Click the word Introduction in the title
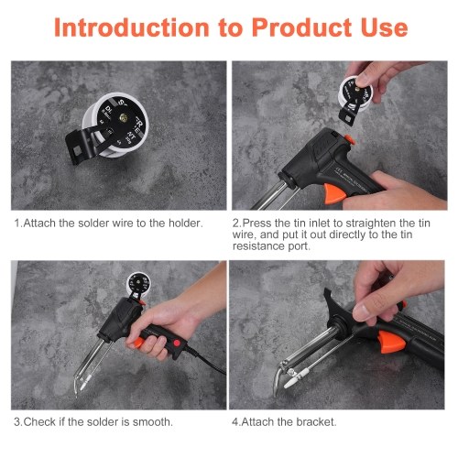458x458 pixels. click(x=132, y=27)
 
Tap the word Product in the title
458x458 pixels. click(x=301, y=27)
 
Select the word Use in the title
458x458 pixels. click(x=384, y=27)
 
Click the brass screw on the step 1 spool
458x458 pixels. click(x=124, y=116)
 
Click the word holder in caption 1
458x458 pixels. click(x=186, y=224)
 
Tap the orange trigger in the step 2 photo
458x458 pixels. click(x=334, y=193)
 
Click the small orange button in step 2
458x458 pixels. click(x=350, y=139)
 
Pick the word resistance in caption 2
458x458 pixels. click(x=259, y=246)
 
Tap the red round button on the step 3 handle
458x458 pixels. click(x=177, y=343)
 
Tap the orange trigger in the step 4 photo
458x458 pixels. click(x=391, y=342)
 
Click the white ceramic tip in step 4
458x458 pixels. click(x=297, y=378)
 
